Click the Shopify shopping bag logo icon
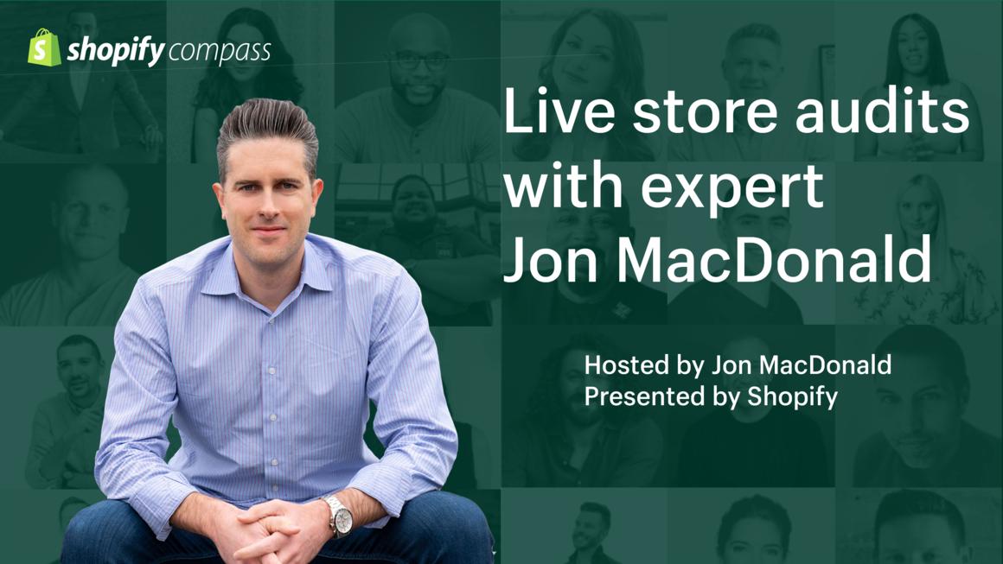click(x=44, y=48)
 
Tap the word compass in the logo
click(x=220, y=51)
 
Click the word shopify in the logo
click(x=116, y=51)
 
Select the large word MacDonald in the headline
click(x=773, y=259)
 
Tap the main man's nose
click(x=267, y=206)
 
